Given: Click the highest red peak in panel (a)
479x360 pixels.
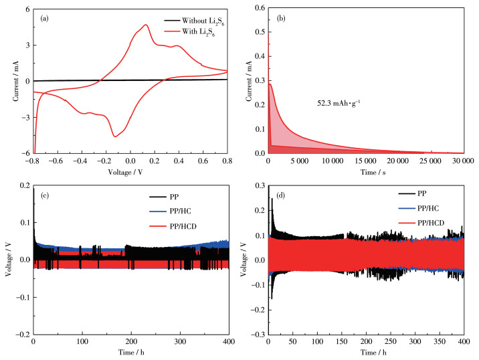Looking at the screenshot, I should (x=145, y=25).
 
